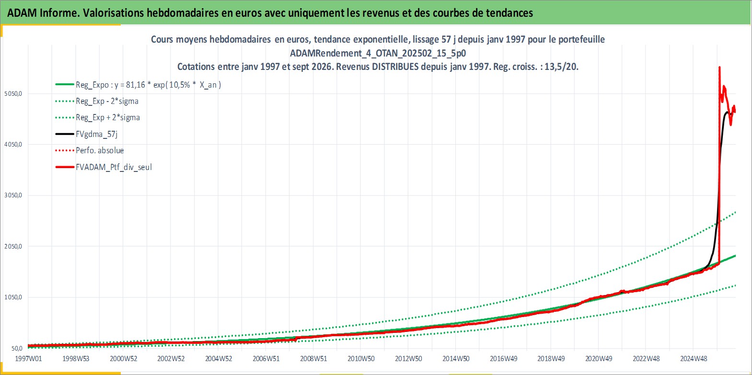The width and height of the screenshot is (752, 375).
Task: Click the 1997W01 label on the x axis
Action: [29, 359]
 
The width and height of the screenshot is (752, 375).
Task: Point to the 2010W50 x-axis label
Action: [361, 359]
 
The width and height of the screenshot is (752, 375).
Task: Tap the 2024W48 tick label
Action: [694, 359]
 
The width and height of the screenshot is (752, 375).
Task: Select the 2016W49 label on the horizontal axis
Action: [504, 359]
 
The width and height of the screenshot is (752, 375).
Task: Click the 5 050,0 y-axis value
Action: [13, 93]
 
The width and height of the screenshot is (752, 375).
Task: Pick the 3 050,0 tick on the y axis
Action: [13, 195]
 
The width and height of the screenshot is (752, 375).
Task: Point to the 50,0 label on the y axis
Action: [16, 348]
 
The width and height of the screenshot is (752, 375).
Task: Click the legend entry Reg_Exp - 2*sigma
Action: [107, 102]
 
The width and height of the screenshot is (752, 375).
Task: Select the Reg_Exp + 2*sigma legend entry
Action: [108, 118]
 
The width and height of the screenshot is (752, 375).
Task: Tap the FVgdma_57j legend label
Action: [97, 134]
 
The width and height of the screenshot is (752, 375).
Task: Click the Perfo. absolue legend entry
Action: [100, 150]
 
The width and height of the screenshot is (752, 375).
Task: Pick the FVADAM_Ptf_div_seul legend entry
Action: [114, 167]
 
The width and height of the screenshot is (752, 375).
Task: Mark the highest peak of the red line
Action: [719, 67]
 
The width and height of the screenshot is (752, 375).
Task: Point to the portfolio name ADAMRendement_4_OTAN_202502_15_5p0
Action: [378, 53]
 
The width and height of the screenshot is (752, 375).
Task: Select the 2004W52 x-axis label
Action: [219, 359]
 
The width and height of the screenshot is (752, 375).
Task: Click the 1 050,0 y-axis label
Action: [13, 297]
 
